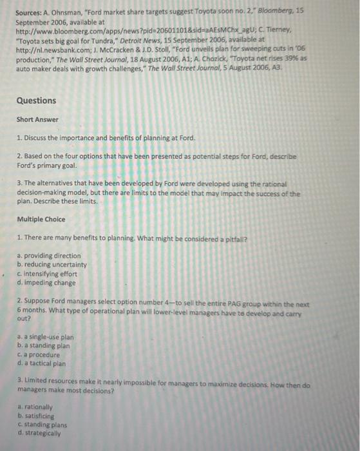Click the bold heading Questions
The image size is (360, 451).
(36, 101)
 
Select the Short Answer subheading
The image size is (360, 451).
(37, 120)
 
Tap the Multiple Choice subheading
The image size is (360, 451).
(41, 219)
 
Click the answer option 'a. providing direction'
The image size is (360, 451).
(49, 256)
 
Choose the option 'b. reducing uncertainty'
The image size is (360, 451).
(51, 265)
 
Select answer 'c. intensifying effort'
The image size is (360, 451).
(49, 273)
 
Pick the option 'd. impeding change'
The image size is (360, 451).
(46, 282)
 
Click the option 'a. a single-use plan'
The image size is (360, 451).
(45, 337)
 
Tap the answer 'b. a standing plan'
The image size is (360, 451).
(44, 346)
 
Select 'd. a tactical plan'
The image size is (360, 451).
(43, 363)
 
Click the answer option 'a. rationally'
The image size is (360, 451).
(35, 407)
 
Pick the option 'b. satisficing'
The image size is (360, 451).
(36, 416)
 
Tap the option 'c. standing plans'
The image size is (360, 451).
(41, 425)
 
